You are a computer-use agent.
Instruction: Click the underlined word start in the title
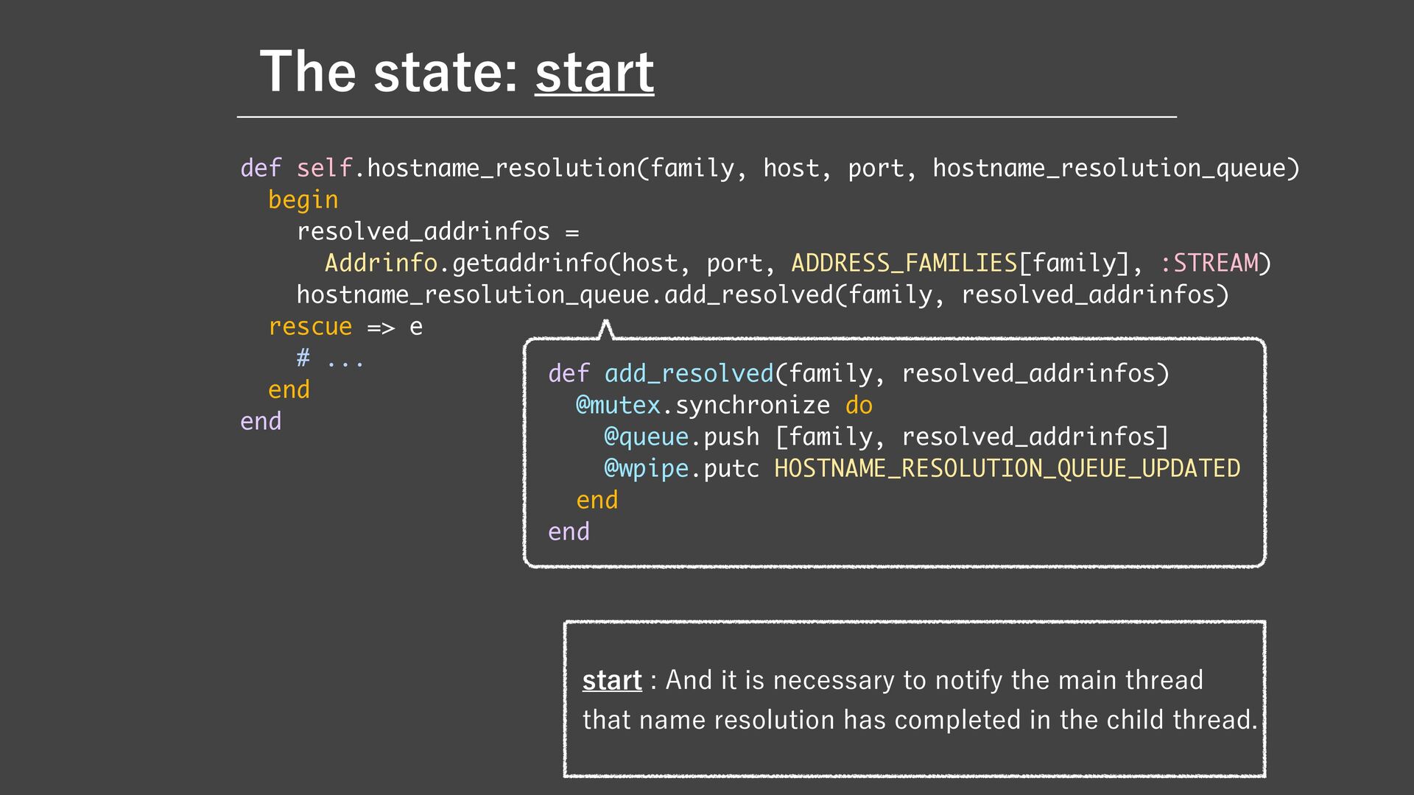point(594,72)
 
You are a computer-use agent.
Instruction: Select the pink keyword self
point(325,168)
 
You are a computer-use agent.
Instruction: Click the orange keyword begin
point(303,199)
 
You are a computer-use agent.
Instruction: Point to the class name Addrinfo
point(381,263)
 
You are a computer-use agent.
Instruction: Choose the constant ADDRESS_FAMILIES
point(904,263)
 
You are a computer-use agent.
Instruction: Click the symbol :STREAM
point(1209,263)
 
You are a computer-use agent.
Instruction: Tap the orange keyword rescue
point(310,326)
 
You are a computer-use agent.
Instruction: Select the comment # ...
point(303,358)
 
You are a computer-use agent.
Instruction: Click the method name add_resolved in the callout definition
point(689,373)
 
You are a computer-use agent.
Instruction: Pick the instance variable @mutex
point(618,405)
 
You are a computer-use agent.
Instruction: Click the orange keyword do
point(859,405)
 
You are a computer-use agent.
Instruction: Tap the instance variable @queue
point(646,437)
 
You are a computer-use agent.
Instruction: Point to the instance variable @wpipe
point(646,468)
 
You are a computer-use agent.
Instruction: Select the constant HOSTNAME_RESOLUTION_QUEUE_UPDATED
point(1007,468)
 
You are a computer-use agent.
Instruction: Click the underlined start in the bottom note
point(612,680)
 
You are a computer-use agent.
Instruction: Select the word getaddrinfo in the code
point(530,263)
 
